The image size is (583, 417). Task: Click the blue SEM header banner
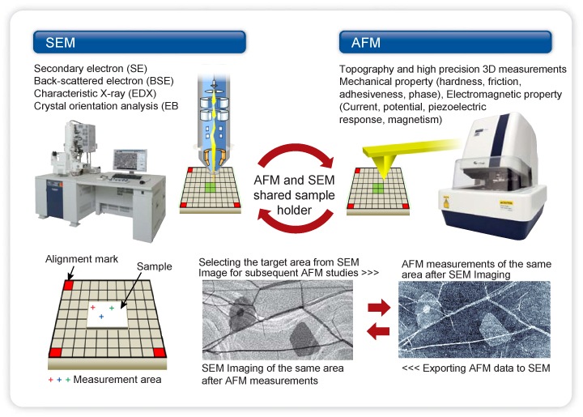138,42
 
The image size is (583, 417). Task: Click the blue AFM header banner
445,42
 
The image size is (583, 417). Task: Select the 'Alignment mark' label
83,260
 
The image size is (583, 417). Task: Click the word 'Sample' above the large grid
154,266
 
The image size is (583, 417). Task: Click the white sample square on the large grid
106,315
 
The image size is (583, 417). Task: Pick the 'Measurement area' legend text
117,380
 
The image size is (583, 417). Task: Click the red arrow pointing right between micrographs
378,307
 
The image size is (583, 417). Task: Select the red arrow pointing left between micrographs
378,330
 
